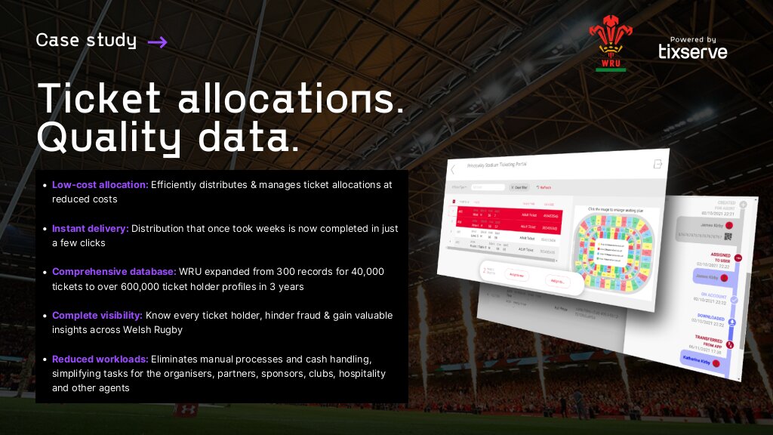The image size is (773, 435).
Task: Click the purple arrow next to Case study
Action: click(x=157, y=42)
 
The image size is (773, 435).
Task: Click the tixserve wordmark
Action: click(x=693, y=51)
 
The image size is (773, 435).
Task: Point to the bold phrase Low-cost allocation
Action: click(x=100, y=185)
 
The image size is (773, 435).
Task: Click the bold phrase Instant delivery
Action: click(x=91, y=228)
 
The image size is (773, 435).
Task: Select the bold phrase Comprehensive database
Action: click(x=113, y=272)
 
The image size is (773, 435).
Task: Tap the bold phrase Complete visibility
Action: click(x=96, y=316)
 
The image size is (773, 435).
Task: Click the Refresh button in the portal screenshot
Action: click(x=544, y=187)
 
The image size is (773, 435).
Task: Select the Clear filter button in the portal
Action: click(x=519, y=187)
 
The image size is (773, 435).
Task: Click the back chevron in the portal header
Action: click(x=453, y=169)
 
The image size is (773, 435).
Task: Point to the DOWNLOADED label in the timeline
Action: click(x=713, y=316)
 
